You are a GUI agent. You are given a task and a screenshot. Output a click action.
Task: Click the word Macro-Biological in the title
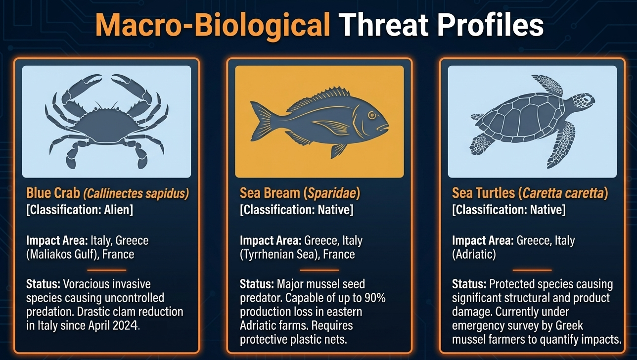(x=213, y=26)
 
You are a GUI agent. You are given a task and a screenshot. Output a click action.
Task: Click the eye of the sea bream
(x=372, y=115)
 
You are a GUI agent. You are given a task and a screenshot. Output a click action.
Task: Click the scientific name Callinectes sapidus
(x=136, y=193)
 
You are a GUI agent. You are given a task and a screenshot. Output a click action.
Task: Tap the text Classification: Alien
(x=80, y=210)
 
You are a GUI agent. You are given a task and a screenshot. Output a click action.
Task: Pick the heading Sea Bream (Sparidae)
(x=300, y=193)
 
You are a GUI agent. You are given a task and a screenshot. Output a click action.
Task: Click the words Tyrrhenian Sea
(x=278, y=254)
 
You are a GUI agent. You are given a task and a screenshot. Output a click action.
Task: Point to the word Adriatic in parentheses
(x=474, y=254)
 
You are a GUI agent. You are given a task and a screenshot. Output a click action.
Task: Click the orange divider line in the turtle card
(x=532, y=270)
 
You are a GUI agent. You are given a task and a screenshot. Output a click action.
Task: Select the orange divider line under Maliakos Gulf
(x=107, y=270)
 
